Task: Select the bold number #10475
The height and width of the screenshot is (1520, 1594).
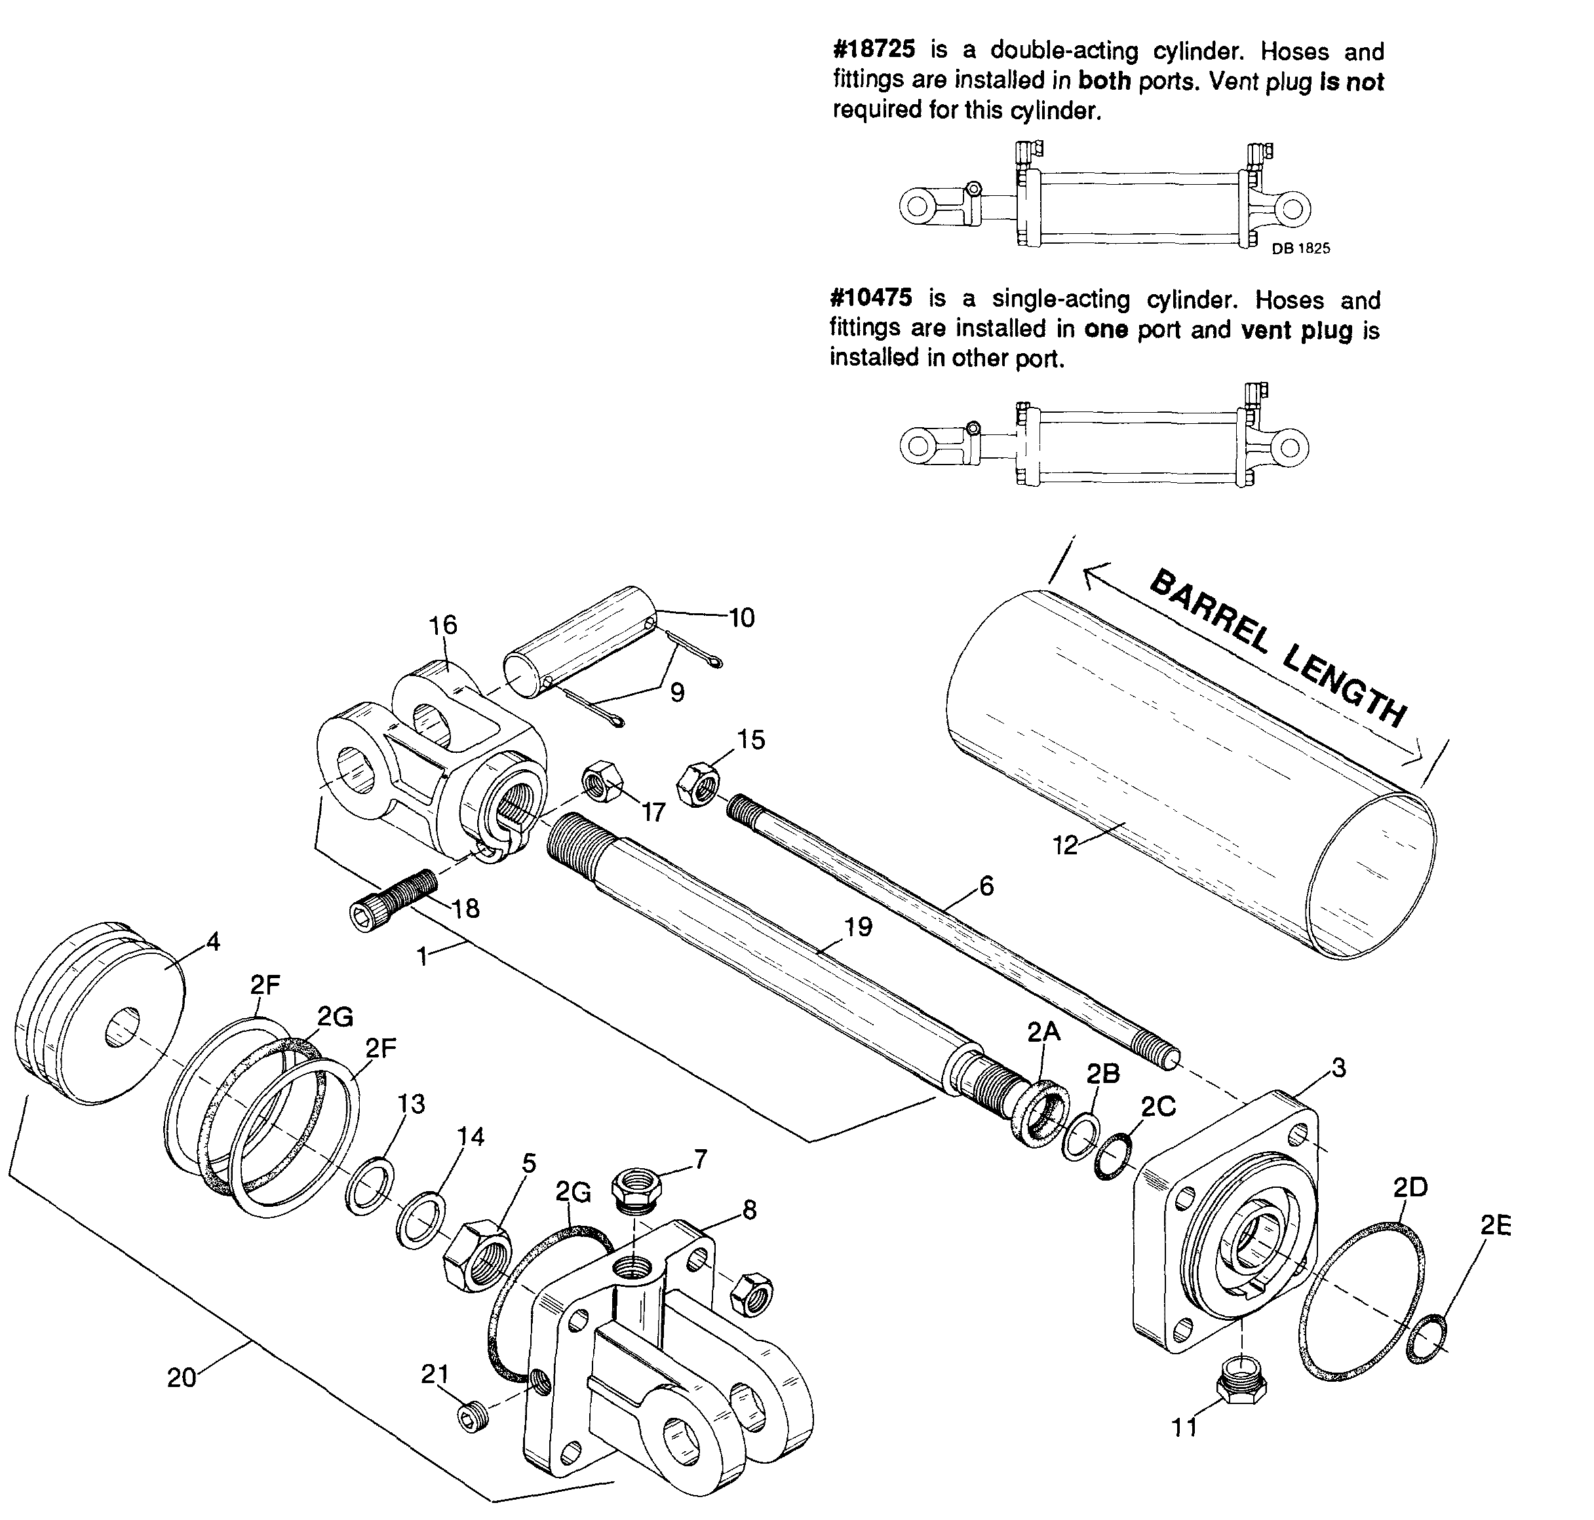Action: point(871,298)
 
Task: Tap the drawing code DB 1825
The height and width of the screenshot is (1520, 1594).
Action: point(1300,249)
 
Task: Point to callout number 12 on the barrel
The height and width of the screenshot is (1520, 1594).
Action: point(1065,845)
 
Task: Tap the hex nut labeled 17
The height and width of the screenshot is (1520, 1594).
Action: point(601,780)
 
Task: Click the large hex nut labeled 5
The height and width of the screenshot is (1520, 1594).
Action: point(477,1257)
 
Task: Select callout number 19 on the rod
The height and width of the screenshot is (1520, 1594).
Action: point(857,926)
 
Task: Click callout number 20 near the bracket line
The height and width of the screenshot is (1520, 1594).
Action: point(181,1377)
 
